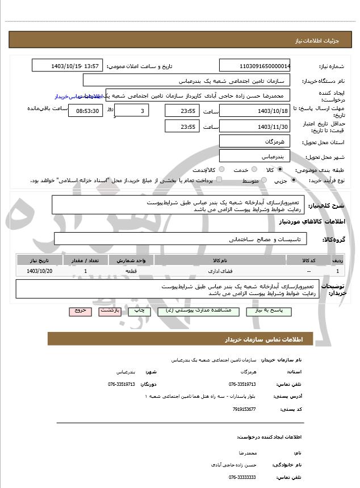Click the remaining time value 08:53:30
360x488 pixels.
click(86, 110)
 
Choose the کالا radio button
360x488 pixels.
click(280, 170)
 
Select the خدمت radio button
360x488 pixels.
click(252, 170)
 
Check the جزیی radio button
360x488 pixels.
click(293, 180)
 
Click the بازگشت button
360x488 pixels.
click(110, 312)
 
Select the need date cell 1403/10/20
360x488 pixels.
click(39, 272)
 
